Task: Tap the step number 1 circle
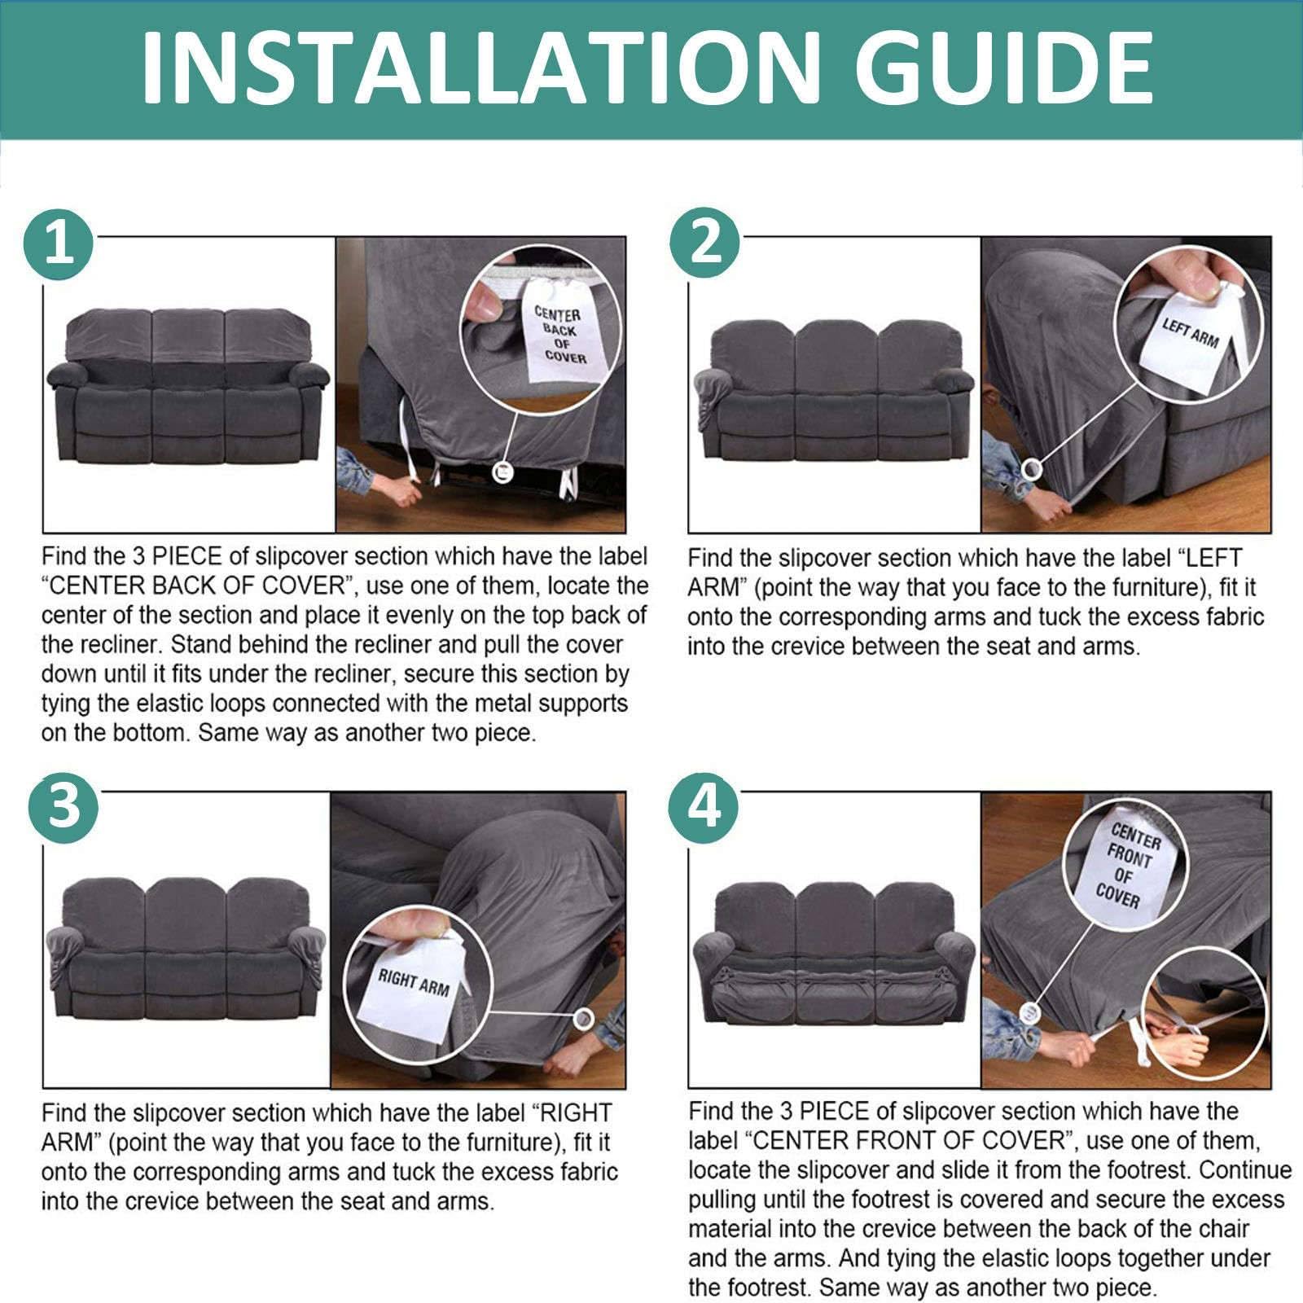pyautogui.click(x=59, y=243)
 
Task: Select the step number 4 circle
pyautogui.click(x=704, y=808)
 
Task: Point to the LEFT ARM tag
pyautogui.click(x=1189, y=336)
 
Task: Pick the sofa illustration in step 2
pyautogui.click(x=834, y=390)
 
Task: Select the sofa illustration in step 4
pyautogui.click(x=834, y=953)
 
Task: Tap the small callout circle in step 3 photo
pyautogui.click(x=583, y=1018)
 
